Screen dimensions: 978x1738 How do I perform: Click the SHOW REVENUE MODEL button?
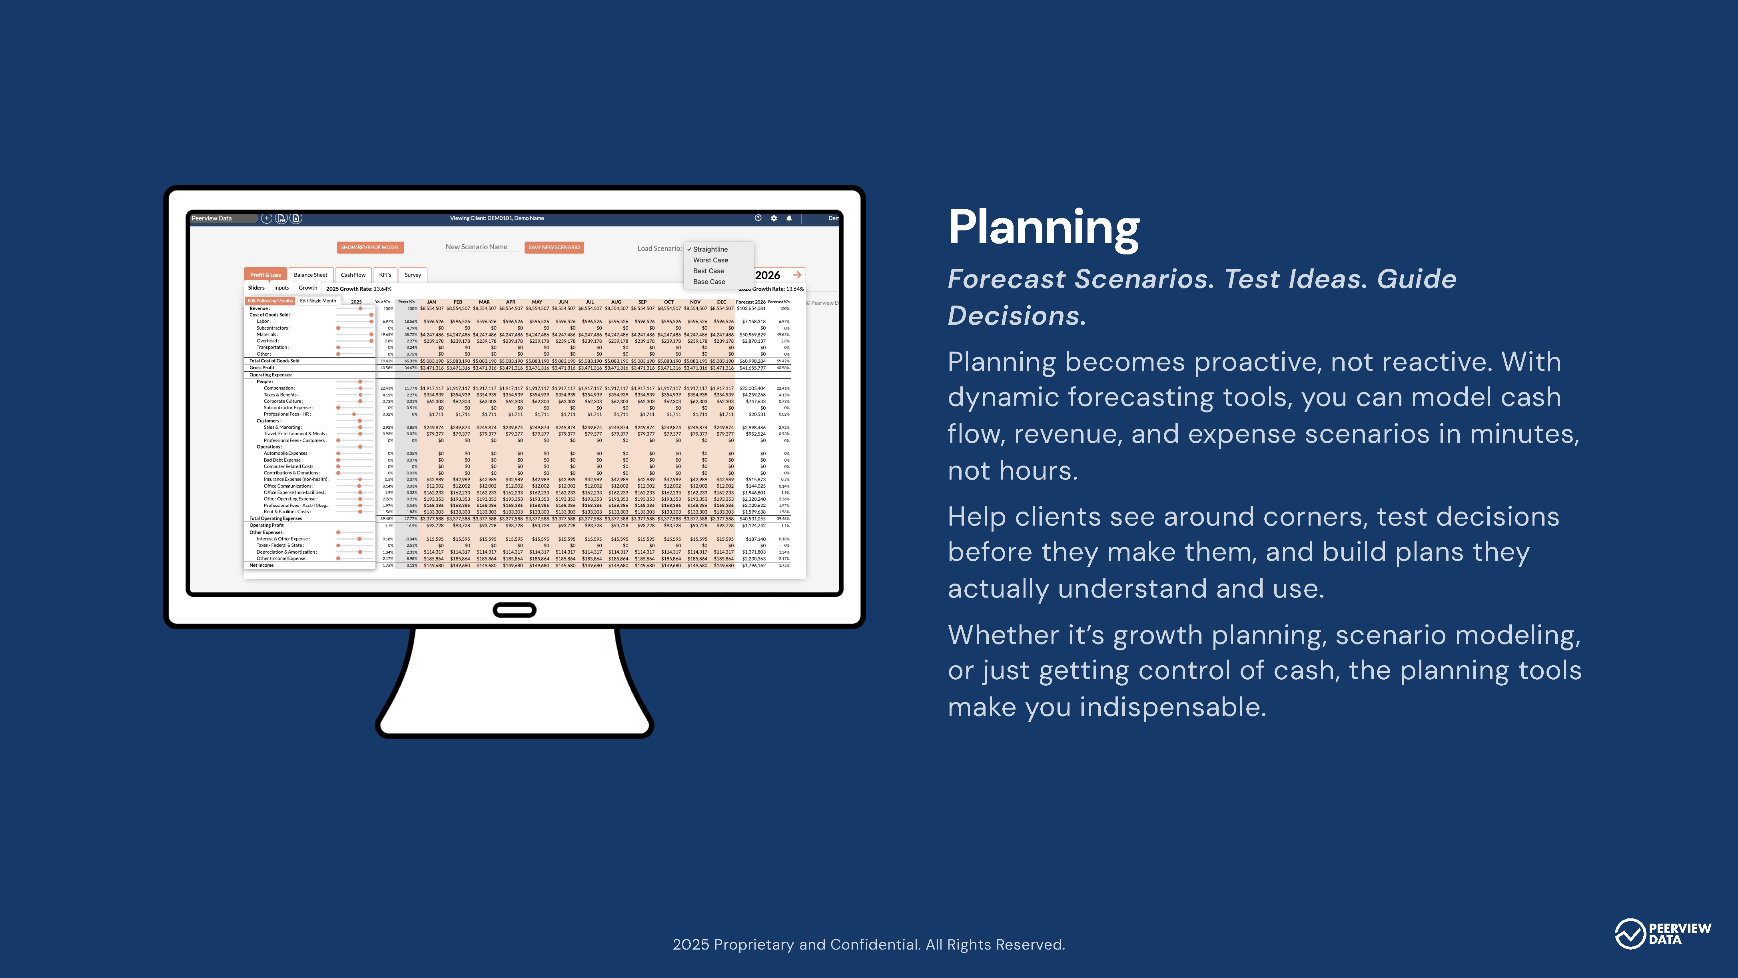(370, 248)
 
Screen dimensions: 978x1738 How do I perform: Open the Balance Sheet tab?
(310, 275)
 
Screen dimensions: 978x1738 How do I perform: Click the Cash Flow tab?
(353, 275)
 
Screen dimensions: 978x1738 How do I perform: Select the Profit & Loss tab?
(265, 275)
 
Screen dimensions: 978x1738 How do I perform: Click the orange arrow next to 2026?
(797, 275)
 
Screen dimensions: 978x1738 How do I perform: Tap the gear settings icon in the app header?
(774, 218)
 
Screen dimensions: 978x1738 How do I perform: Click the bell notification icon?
(789, 218)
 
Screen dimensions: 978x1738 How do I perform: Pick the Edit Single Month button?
(318, 301)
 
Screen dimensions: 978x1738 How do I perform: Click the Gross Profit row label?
(262, 368)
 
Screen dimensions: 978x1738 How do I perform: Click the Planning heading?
(1043, 228)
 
